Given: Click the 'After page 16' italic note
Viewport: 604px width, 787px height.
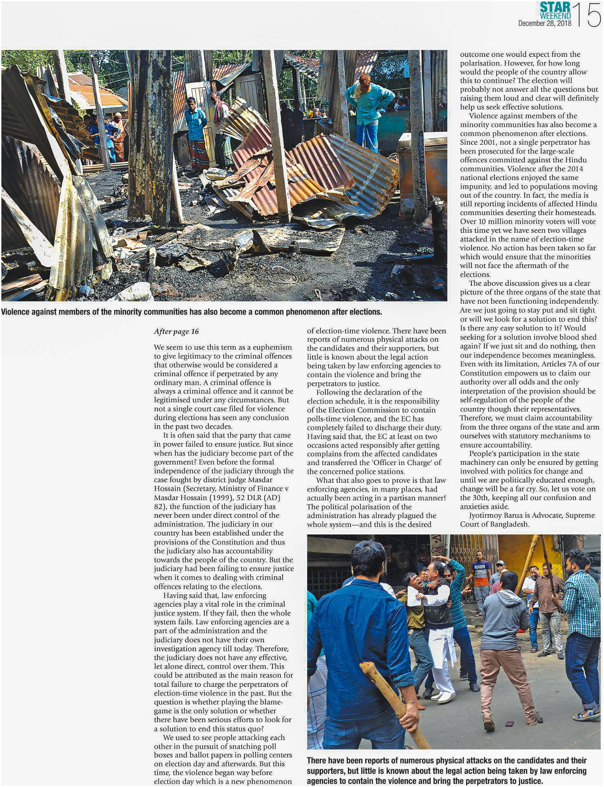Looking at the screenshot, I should [x=176, y=331].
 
